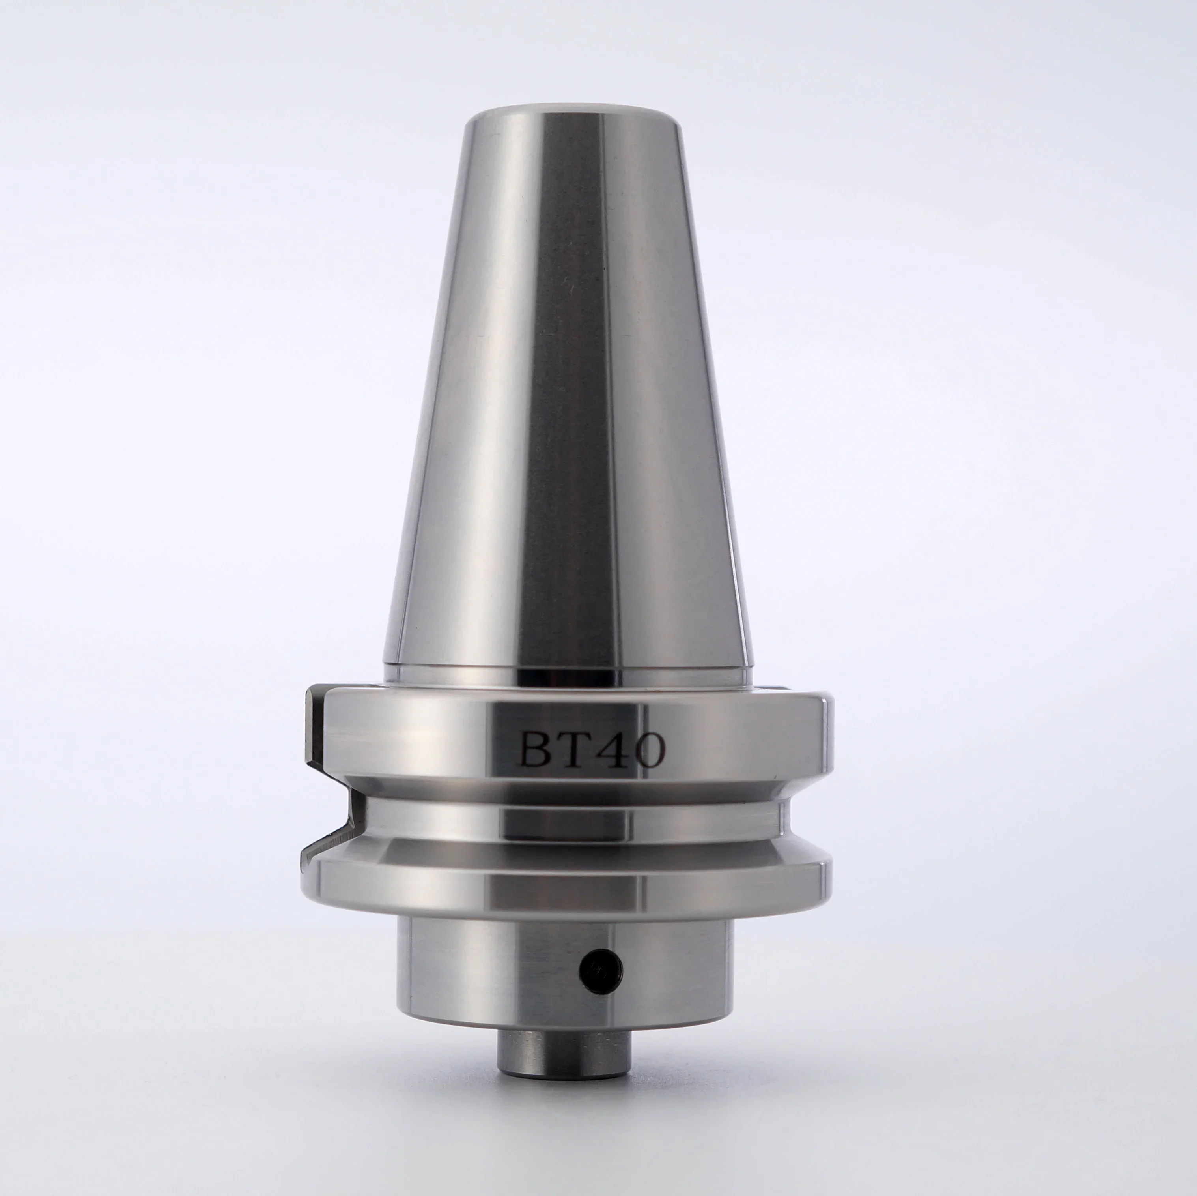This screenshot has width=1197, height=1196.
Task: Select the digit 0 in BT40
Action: point(648,751)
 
